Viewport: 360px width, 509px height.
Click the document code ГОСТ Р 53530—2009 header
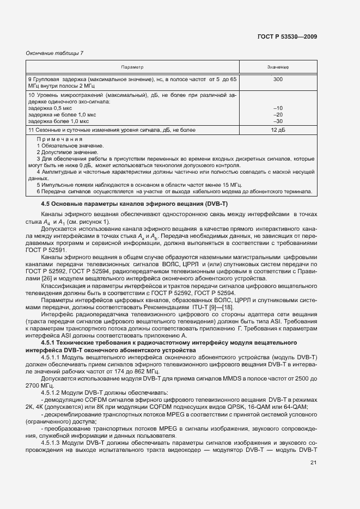point(287,36)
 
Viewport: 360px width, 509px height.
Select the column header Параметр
point(132,67)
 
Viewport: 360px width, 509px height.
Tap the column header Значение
point(278,67)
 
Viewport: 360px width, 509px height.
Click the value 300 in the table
point(278,79)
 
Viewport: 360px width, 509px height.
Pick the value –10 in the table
point(278,108)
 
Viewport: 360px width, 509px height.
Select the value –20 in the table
point(278,115)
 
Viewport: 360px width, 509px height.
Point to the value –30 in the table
point(278,121)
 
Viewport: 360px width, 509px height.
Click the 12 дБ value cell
point(278,130)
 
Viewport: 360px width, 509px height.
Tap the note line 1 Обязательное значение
point(71,146)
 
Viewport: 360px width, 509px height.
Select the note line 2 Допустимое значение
point(68,152)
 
